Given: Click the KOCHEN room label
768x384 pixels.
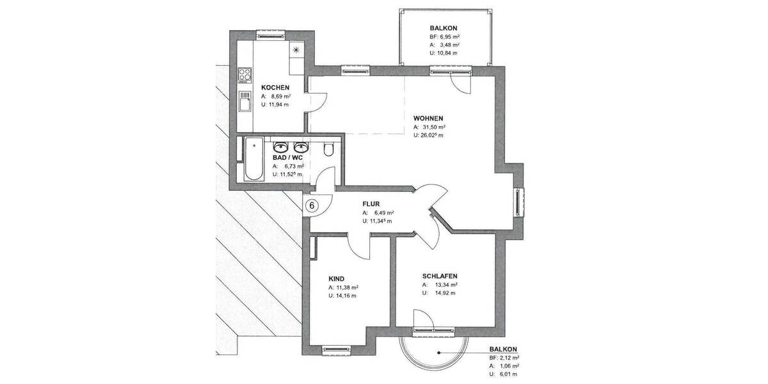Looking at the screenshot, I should (275, 87).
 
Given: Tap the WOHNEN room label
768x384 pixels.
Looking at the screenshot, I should (428, 118).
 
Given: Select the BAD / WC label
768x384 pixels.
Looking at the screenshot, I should (287, 156).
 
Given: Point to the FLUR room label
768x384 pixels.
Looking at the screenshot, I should (372, 204).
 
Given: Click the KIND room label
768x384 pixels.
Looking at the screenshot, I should (336, 279).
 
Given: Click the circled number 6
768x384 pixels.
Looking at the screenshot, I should (312, 205).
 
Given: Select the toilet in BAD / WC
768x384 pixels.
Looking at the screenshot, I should (329, 150).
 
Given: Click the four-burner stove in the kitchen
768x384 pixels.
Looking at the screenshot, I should (244, 75).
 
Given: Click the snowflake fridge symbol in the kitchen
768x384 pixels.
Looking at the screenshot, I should (296, 49).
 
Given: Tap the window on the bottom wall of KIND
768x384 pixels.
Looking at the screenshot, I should (335, 349).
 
